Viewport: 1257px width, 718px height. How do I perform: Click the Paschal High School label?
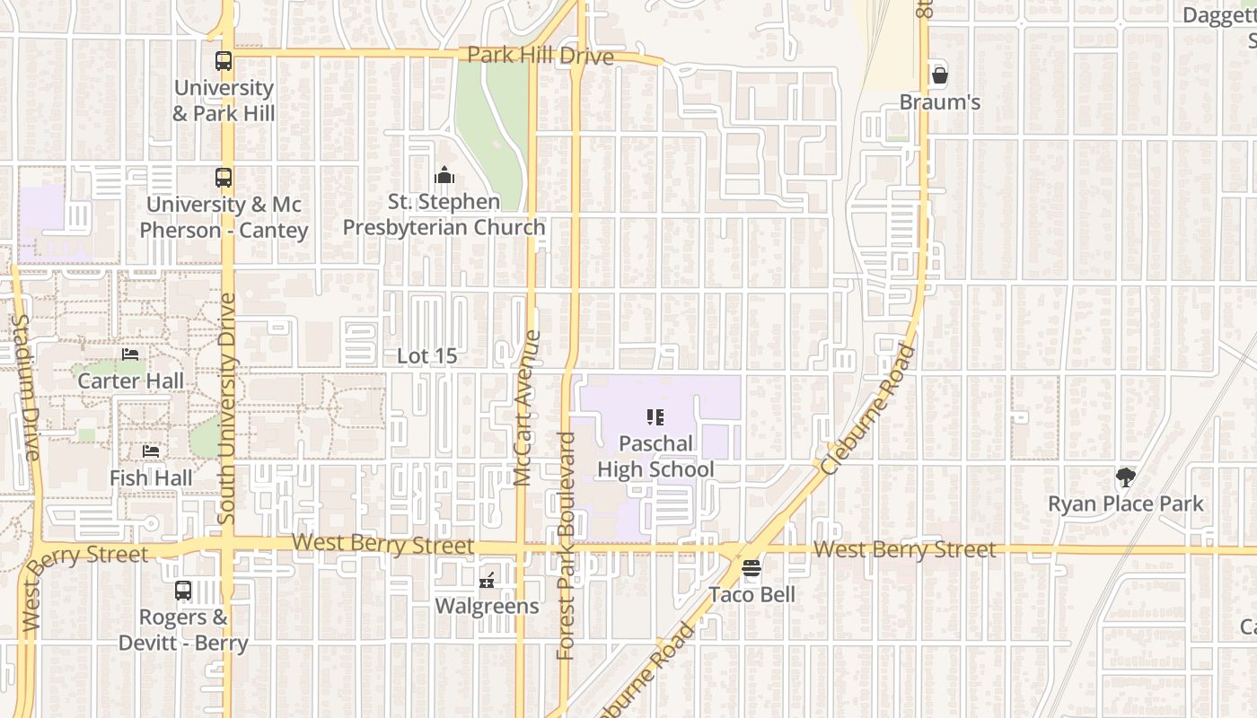tap(655, 457)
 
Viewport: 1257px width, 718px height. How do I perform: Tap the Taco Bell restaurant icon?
tap(752, 568)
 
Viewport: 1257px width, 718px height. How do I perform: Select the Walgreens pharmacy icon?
tap(488, 581)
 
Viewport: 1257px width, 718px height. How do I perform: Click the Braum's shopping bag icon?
tap(940, 75)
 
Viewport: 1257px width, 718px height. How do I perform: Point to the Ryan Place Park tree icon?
tap(1125, 477)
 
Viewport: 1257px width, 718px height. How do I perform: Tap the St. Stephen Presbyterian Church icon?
tap(444, 175)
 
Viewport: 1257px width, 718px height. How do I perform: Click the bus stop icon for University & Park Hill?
tap(224, 62)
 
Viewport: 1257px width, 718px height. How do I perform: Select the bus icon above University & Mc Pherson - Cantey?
tap(224, 178)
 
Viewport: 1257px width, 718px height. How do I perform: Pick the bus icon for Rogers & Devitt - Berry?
tap(183, 591)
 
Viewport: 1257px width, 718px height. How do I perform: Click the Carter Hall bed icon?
tap(131, 355)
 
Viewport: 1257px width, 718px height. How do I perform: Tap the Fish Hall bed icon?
tap(151, 451)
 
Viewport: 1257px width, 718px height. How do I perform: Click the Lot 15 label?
tap(427, 356)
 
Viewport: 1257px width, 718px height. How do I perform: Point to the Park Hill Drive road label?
tap(541, 56)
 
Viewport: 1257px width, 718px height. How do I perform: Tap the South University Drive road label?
tap(226, 408)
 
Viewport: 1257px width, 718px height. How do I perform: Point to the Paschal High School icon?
tap(655, 417)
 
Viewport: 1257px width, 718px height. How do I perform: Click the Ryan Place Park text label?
tap(1125, 504)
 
